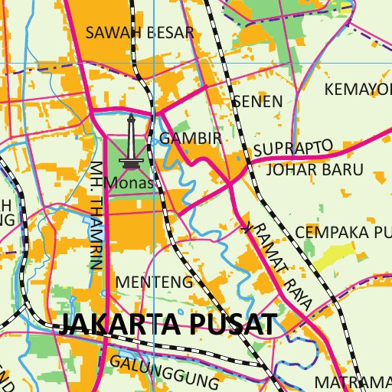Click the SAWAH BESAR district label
click(x=140, y=32)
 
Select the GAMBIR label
click(x=191, y=139)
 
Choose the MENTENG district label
click(x=154, y=282)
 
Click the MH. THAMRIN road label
click(x=96, y=214)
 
